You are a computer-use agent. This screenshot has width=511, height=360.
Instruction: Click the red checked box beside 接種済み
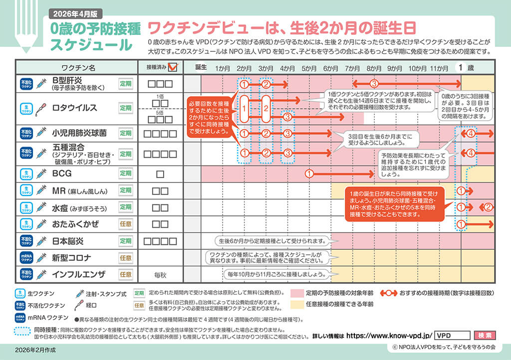[x=173, y=67]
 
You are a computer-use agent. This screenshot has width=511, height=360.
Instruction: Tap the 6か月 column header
[x=330, y=67]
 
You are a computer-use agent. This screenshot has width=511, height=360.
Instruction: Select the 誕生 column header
[x=201, y=67]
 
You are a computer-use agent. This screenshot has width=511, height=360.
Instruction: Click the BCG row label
[x=62, y=174]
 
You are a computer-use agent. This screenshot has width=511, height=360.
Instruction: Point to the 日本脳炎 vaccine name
[x=69, y=241]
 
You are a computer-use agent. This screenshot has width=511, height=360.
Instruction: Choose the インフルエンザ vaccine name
[x=79, y=274]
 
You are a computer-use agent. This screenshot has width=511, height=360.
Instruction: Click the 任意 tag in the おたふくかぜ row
[x=125, y=224]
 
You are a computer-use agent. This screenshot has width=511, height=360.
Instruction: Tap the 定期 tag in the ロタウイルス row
[x=125, y=107]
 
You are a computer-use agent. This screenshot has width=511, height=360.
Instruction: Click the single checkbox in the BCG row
[x=160, y=174]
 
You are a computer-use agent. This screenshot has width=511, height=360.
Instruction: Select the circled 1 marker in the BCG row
[x=309, y=174]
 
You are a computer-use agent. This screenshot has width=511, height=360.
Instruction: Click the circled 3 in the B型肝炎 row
[x=373, y=84]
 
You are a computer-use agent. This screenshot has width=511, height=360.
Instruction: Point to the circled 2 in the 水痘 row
[x=489, y=206]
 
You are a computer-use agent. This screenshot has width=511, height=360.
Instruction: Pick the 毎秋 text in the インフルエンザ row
[x=160, y=274]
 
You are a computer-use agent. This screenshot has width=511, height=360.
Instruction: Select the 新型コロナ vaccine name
[x=72, y=258]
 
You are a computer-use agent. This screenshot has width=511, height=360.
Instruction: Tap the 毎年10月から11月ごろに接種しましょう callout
[x=274, y=274]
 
